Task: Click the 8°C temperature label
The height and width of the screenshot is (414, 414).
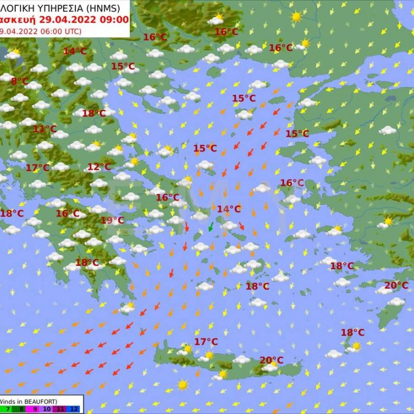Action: (20, 81)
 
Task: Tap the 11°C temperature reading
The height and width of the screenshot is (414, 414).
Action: (45, 129)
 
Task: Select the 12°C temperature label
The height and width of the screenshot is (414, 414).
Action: (99, 167)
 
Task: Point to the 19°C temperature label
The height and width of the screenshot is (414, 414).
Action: (112, 220)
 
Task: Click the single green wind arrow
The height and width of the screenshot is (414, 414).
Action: (211, 228)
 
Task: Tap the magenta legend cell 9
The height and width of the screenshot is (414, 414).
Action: (34, 409)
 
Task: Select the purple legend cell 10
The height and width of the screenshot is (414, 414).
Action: (47, 409)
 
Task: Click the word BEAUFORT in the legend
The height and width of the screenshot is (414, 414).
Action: (39, 401)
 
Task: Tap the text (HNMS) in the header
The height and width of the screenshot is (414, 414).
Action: (103, 8)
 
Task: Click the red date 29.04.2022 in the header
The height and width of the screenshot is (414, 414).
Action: (66, 20)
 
